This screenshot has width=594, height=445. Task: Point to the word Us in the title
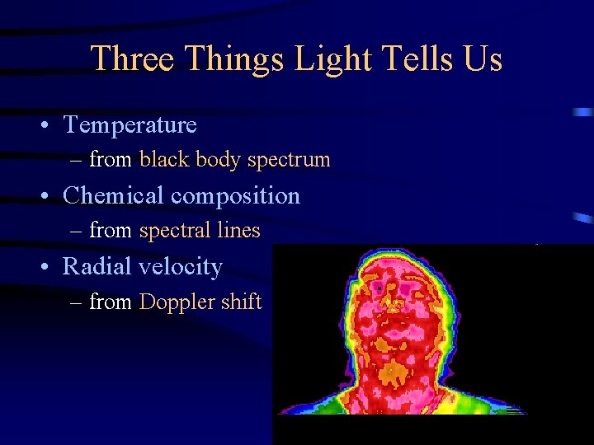point(483,59)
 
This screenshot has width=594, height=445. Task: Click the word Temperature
point(130,125)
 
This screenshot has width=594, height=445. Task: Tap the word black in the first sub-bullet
point(165,160)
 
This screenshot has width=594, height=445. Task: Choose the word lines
point(238,232)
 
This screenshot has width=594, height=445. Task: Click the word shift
point(241,302)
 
